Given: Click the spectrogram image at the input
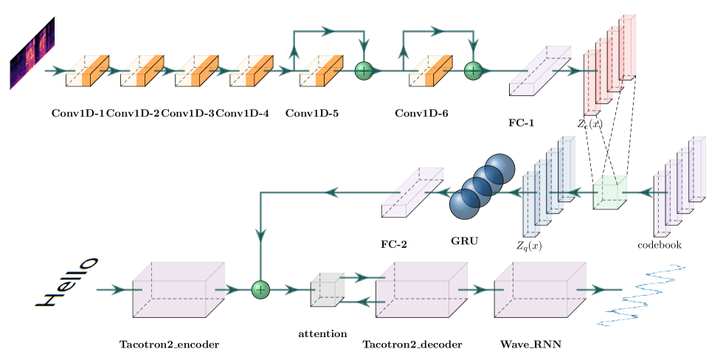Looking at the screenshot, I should point(32,52).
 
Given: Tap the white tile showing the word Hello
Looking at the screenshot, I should point(66,283).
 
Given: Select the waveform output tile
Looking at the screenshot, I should point(640,294).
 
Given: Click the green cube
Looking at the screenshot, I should point(609,192).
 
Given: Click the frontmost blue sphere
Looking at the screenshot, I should point(465,204).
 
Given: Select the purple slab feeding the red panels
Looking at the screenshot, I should point(540,71).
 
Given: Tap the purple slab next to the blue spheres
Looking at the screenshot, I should point(412,192).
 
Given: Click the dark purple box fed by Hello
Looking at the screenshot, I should point(178,290).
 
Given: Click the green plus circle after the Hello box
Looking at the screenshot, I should point(260,290).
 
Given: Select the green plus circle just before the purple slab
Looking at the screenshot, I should point(473,71).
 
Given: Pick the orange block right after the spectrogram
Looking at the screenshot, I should point(87,71).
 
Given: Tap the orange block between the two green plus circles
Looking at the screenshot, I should point(430,71).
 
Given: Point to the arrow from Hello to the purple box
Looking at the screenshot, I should point(114,290).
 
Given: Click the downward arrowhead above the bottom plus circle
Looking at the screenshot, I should point(260,235).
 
